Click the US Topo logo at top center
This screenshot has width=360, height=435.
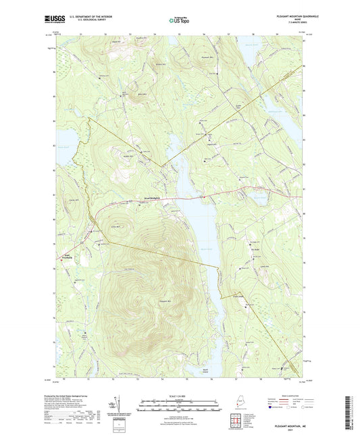pyautogui.click(x=179, y=20)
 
